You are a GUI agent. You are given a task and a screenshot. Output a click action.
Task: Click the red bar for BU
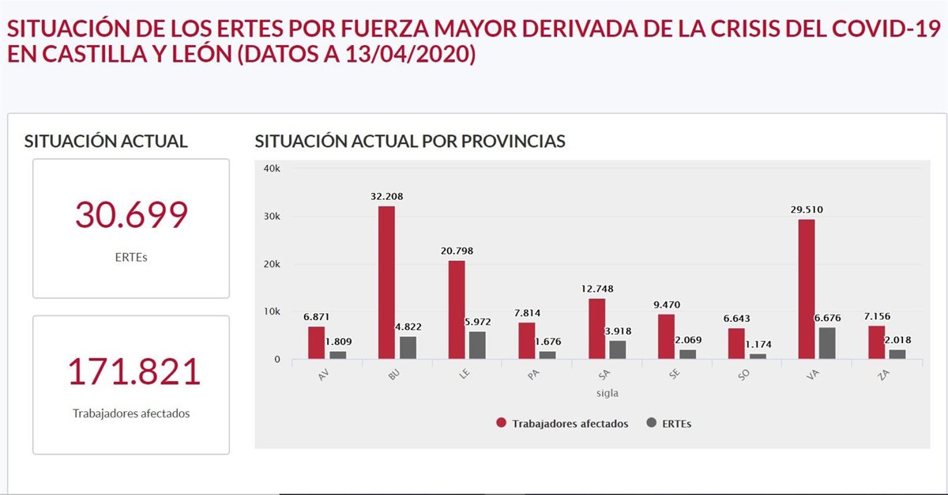tap(386, 283)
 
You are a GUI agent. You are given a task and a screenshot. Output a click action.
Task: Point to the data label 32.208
tap(387, 196)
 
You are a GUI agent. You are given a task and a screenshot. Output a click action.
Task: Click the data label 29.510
tap(807, 210)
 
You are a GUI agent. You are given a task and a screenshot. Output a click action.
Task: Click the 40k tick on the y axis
tap(272, 168)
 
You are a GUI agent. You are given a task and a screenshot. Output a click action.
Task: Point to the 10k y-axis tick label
tap(272, 312)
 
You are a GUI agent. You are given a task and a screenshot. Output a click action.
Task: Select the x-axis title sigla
tap(607, 393)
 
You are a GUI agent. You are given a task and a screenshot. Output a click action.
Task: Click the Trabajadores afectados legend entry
tap(570, 424)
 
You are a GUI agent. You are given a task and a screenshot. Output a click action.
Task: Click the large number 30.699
tap(131, 215)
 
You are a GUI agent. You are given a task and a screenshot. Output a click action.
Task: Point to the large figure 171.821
tap(132, 372)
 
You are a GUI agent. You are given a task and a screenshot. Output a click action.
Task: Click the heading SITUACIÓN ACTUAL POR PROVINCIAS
tap(410, 142)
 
